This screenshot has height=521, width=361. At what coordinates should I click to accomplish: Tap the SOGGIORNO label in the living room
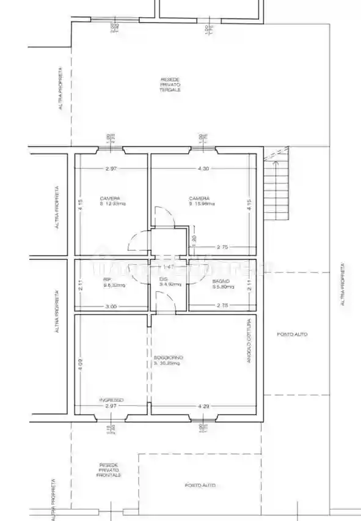[x=169, y=360]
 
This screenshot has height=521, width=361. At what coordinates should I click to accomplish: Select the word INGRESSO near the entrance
[x=111, y=400]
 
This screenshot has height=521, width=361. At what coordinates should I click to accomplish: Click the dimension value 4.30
[x=201, y=169]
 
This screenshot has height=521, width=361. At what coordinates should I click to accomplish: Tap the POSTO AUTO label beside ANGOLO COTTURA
[x=292, y=334]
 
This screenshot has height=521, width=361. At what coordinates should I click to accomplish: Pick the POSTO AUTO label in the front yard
[x=200, y=485]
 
